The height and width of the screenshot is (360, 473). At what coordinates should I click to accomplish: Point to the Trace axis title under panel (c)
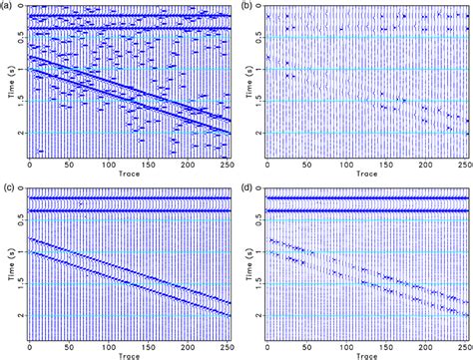coord(130,354)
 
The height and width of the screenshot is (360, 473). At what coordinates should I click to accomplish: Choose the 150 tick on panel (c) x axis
coord(149,344)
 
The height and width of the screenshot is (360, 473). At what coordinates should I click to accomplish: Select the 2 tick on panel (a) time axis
coord(18,134)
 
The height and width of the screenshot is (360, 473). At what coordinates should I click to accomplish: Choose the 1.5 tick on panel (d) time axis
coord(254,283)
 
